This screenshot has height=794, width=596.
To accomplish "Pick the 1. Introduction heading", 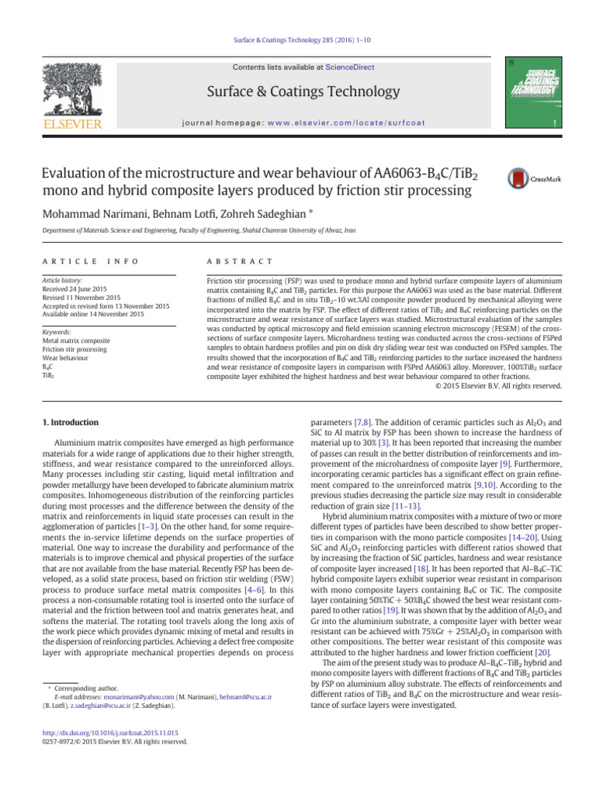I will [69, 422].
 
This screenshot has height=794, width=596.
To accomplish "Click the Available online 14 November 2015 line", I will [92, 314].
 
